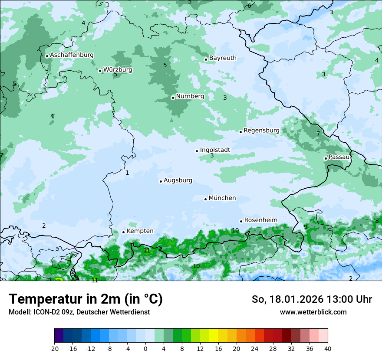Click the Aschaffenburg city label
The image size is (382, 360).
(72, 55)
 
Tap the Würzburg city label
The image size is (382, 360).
(118, 70)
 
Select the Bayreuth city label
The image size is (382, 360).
(223, 58)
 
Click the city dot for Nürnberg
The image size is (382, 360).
(173, 98)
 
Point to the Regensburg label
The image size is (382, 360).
(261, 131)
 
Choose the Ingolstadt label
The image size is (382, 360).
(215, 150)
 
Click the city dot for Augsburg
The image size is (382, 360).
(161, 181)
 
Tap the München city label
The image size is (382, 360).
(222, 198)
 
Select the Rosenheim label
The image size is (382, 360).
(260, 220)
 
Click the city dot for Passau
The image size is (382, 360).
(326, 158)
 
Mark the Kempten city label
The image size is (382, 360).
(140, 231)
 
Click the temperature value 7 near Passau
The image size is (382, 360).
(318, 134)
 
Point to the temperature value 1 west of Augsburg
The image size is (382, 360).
(127, 173)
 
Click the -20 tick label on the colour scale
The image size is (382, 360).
(54, 349)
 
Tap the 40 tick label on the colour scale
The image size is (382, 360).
(328, 349)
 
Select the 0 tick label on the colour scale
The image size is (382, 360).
(145, 349)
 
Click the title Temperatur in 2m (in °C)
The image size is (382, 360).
(86, 299)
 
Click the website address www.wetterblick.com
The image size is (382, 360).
(313, 312)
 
